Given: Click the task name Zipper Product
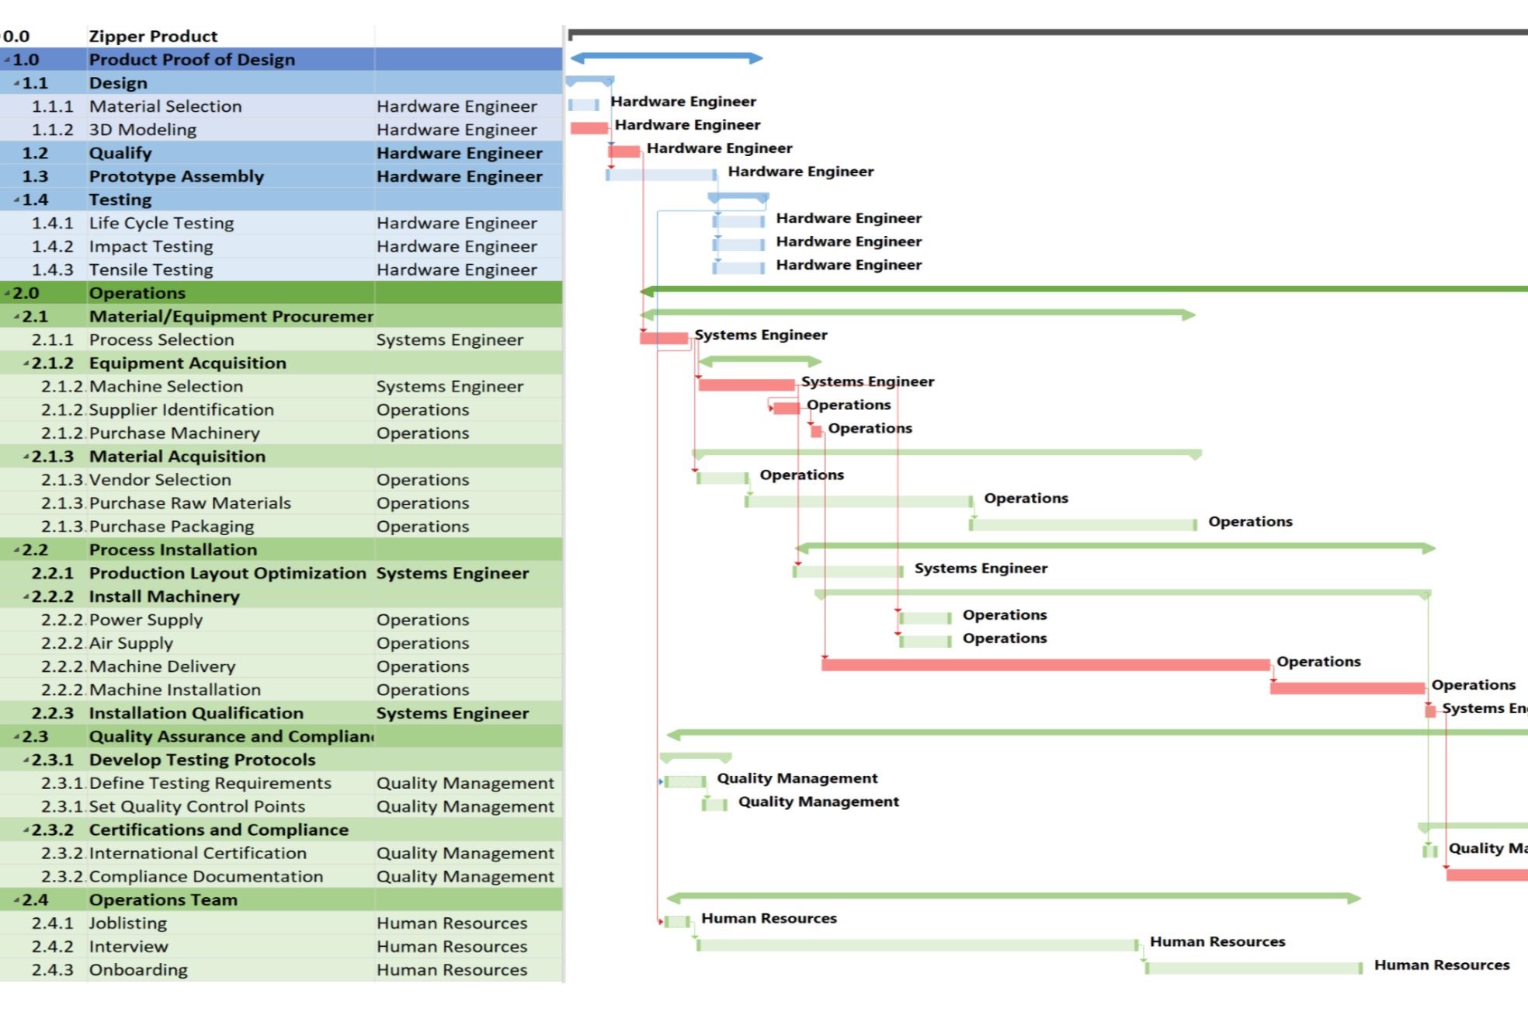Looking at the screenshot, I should [153, 37].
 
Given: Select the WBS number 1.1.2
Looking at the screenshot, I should [52, 130].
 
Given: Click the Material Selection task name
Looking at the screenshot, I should [165, 106].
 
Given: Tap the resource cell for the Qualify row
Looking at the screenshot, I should [459, 153].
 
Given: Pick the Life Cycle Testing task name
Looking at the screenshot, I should [161, 223].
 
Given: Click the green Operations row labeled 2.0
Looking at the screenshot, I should [137, 293].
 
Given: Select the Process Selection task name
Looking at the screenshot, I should [161, 339].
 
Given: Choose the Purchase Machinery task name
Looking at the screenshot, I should [174, 433].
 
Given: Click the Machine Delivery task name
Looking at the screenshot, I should [161, 666].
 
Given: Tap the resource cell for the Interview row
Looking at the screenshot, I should [451, 947].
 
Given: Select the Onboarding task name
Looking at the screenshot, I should [138, 970].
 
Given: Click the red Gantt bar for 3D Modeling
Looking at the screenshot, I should [589, 128].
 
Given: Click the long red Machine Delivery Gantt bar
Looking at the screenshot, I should [1045, 665].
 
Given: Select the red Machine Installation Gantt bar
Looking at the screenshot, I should [1347, 688].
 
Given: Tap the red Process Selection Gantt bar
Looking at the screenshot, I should [664, 338].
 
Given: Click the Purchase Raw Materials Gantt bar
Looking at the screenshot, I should [859, 502].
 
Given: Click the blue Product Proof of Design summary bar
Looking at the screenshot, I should [667, 58].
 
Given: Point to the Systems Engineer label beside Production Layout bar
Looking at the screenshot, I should [981, 569].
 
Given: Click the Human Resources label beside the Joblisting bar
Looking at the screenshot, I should [769, 919].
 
